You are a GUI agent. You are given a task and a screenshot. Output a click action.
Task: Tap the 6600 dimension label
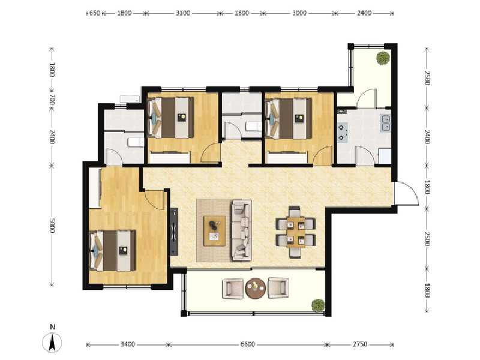(248, 344)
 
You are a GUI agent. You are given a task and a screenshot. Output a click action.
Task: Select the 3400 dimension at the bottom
(128, 344)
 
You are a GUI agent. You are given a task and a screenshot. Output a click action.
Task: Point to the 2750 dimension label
(359, 344)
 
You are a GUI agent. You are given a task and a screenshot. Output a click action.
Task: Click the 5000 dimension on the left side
(53, 226)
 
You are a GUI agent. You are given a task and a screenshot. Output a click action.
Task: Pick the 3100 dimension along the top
(183, 13)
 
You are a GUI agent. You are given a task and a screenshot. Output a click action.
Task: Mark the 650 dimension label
(94, 13)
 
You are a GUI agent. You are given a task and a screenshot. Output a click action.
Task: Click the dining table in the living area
(295, 232)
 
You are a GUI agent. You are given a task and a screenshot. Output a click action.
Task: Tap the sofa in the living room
(241, 230)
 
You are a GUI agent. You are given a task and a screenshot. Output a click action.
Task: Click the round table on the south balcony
(255, 287)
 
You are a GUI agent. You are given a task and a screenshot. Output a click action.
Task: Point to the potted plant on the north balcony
(382, 58)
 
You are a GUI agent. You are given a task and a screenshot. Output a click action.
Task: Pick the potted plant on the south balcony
(317, 305)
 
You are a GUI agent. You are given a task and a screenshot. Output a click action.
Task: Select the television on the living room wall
(174, 230)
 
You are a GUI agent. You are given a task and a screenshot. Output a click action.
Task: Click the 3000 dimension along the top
(300, 13)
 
